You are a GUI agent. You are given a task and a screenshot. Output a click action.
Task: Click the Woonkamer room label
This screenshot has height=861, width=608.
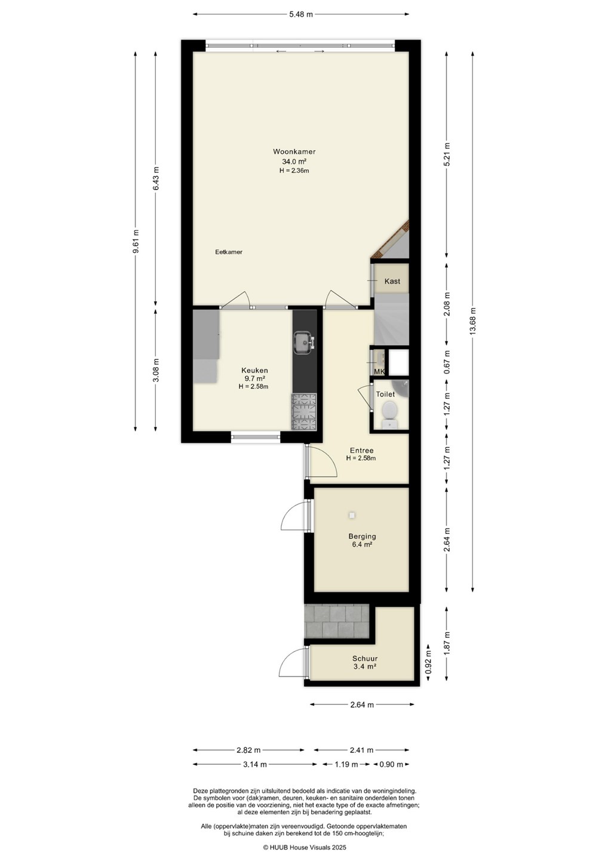294,151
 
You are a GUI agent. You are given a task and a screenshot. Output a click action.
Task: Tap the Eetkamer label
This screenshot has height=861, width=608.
229,252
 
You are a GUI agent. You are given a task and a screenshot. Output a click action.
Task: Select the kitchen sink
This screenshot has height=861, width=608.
305,342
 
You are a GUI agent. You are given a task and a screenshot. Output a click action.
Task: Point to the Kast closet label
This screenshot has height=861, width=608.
392,281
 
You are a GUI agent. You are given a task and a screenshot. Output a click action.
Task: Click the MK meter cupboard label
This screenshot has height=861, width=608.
379,371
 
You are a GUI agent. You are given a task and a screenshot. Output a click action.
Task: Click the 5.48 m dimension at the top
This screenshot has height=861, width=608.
301,14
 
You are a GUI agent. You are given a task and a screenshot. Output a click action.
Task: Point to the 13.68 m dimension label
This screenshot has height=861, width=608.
472,321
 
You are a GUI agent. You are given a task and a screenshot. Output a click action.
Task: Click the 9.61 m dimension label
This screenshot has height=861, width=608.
136,242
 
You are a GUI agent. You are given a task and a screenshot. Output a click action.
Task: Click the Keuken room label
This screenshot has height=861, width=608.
254,371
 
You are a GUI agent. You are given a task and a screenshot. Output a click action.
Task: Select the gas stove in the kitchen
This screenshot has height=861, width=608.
305,411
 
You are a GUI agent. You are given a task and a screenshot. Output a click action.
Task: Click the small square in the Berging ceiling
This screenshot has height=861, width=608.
352,515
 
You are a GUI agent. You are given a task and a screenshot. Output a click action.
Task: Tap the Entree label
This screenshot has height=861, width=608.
361,450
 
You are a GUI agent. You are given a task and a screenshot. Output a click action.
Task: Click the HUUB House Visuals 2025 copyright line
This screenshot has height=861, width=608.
305,847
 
